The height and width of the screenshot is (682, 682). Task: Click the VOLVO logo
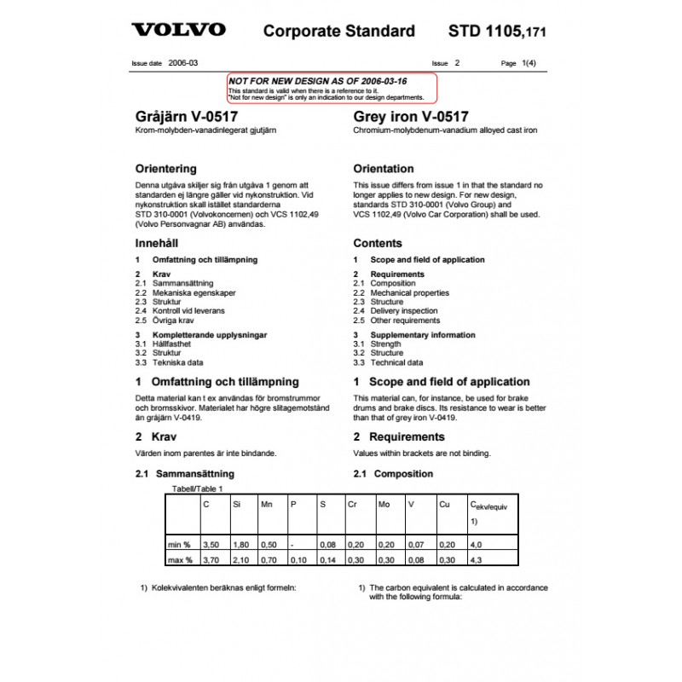coord(178,31)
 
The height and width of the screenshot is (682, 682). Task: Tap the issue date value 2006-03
coord(182,63)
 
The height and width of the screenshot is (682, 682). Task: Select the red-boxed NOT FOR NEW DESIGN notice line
coord(317,80)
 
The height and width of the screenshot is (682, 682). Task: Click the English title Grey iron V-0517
coord(409,117)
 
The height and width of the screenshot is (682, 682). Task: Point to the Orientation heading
coord(383,169)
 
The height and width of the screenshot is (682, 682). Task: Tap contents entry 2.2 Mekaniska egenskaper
coord(184,292)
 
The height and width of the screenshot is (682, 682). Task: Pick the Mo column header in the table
coord(384,505)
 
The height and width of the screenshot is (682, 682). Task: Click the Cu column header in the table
coord(444,505)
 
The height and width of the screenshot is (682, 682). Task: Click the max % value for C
coord(210,560)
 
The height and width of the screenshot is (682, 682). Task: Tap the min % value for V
coord(414,543)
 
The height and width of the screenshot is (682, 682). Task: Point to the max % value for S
coord(326,560)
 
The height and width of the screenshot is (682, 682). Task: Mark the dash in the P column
coord(292,543)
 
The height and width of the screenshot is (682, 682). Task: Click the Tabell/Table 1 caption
coord(197,488)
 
